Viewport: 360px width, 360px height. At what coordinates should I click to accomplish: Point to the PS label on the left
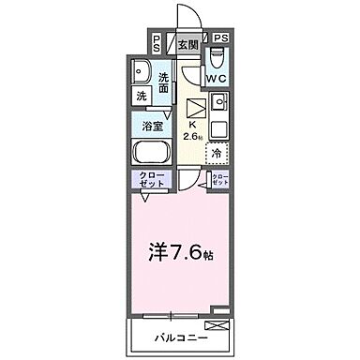pyautogui.click(x=155, y=42)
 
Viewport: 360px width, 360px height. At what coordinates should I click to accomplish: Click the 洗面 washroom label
pyautogui.click(x=163, y=81)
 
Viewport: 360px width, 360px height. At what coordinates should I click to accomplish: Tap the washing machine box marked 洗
pyautogui.click(x=141, y=97)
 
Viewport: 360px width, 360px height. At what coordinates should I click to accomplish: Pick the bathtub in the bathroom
pyautogui.click(x=151, y=152)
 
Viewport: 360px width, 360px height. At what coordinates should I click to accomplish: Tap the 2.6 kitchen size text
pyautogui.click(x=194, y=137)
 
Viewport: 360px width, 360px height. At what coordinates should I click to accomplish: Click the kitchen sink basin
pyautogui.click(x=219, y=100)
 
